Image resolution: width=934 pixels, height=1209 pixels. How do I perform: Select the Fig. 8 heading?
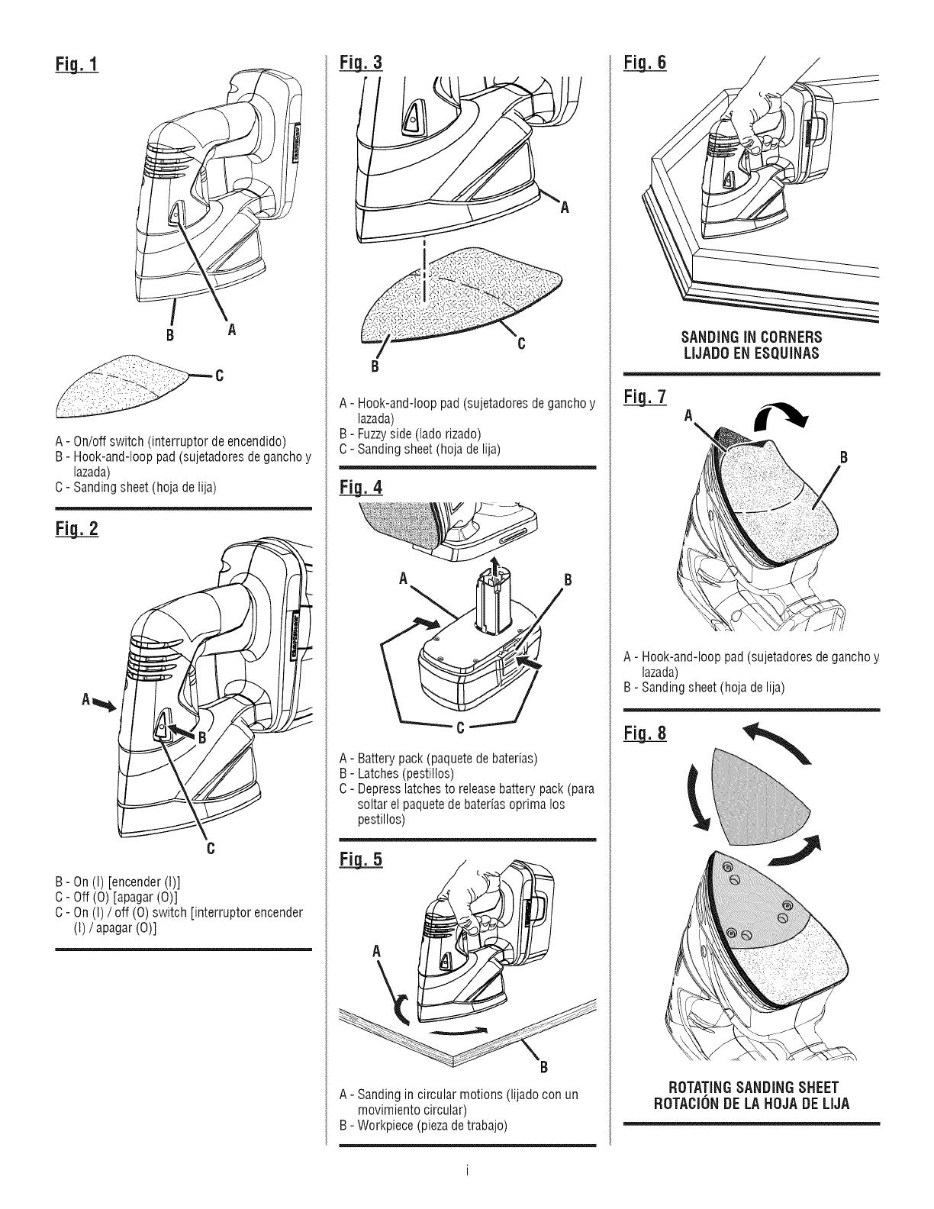point(646,734)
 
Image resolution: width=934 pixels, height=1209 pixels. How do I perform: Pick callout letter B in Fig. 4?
point(567,578)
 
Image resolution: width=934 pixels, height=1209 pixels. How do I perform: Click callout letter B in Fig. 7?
point(844,458)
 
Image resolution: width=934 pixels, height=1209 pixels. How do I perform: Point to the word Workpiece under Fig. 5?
point(382,1125)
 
